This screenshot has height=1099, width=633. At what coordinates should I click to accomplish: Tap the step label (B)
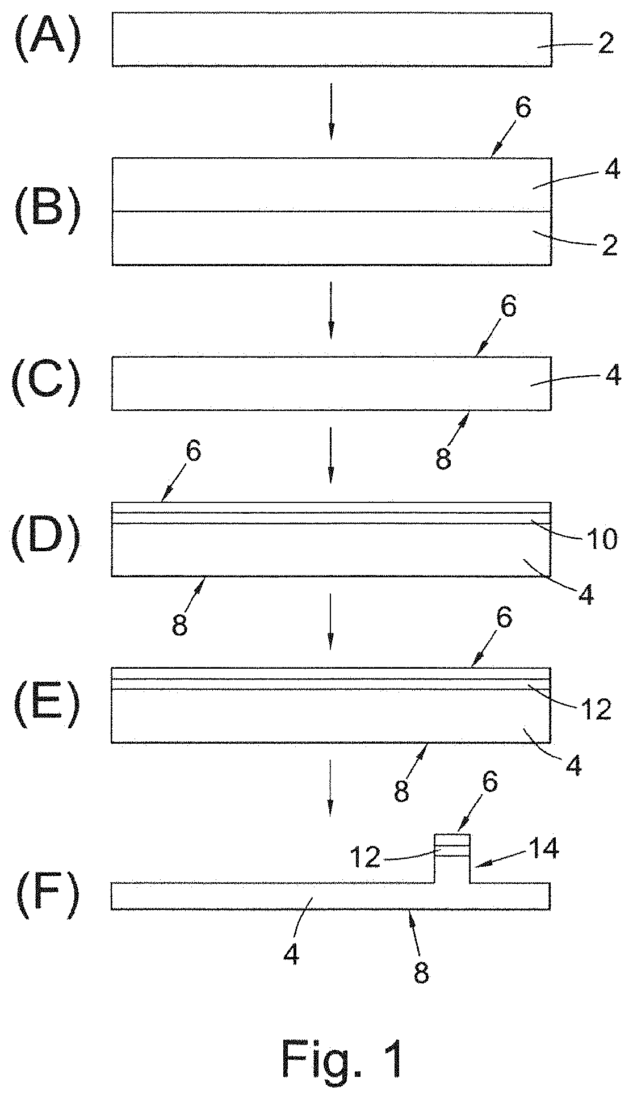[47, 212]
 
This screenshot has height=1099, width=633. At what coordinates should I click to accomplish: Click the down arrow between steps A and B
[331, 111]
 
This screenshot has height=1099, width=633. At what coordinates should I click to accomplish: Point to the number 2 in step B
[609, 245]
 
